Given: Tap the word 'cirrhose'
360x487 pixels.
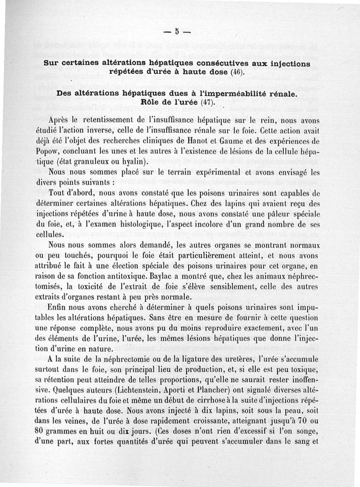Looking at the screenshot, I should point(214,399).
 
